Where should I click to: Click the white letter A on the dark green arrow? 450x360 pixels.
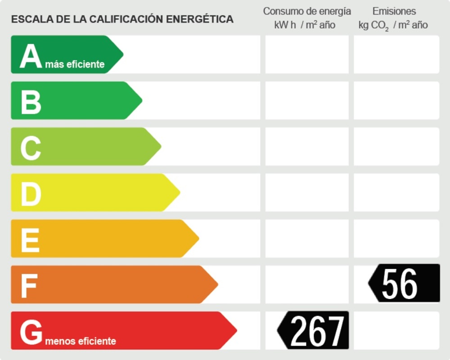coord(31,56)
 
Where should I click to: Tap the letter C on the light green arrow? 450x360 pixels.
coord(31,148)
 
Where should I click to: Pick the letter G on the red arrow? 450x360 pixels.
coord(31,333)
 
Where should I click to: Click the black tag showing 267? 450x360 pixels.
coord(314,330)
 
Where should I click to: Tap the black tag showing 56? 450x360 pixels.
coord(404,283)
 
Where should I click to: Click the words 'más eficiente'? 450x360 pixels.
coord(75,64)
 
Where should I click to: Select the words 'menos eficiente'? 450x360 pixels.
coord(81,341)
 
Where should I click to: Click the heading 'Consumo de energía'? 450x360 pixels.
coord(307,11)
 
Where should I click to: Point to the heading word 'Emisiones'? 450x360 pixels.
coord(394,11)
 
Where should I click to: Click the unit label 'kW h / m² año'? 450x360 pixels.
coord(305,25)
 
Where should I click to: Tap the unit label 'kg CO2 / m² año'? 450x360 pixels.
coord(393,25)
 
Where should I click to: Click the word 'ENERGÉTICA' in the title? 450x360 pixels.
coord(200,19)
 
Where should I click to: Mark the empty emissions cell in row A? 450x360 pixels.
coord(396,54)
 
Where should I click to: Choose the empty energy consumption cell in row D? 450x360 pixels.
coord(307,192)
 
